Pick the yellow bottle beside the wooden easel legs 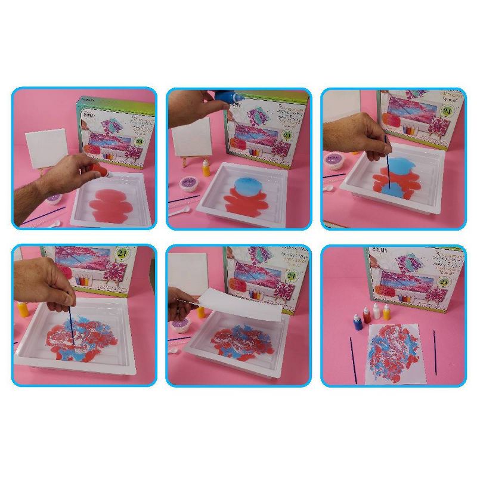[x=206, y=168]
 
